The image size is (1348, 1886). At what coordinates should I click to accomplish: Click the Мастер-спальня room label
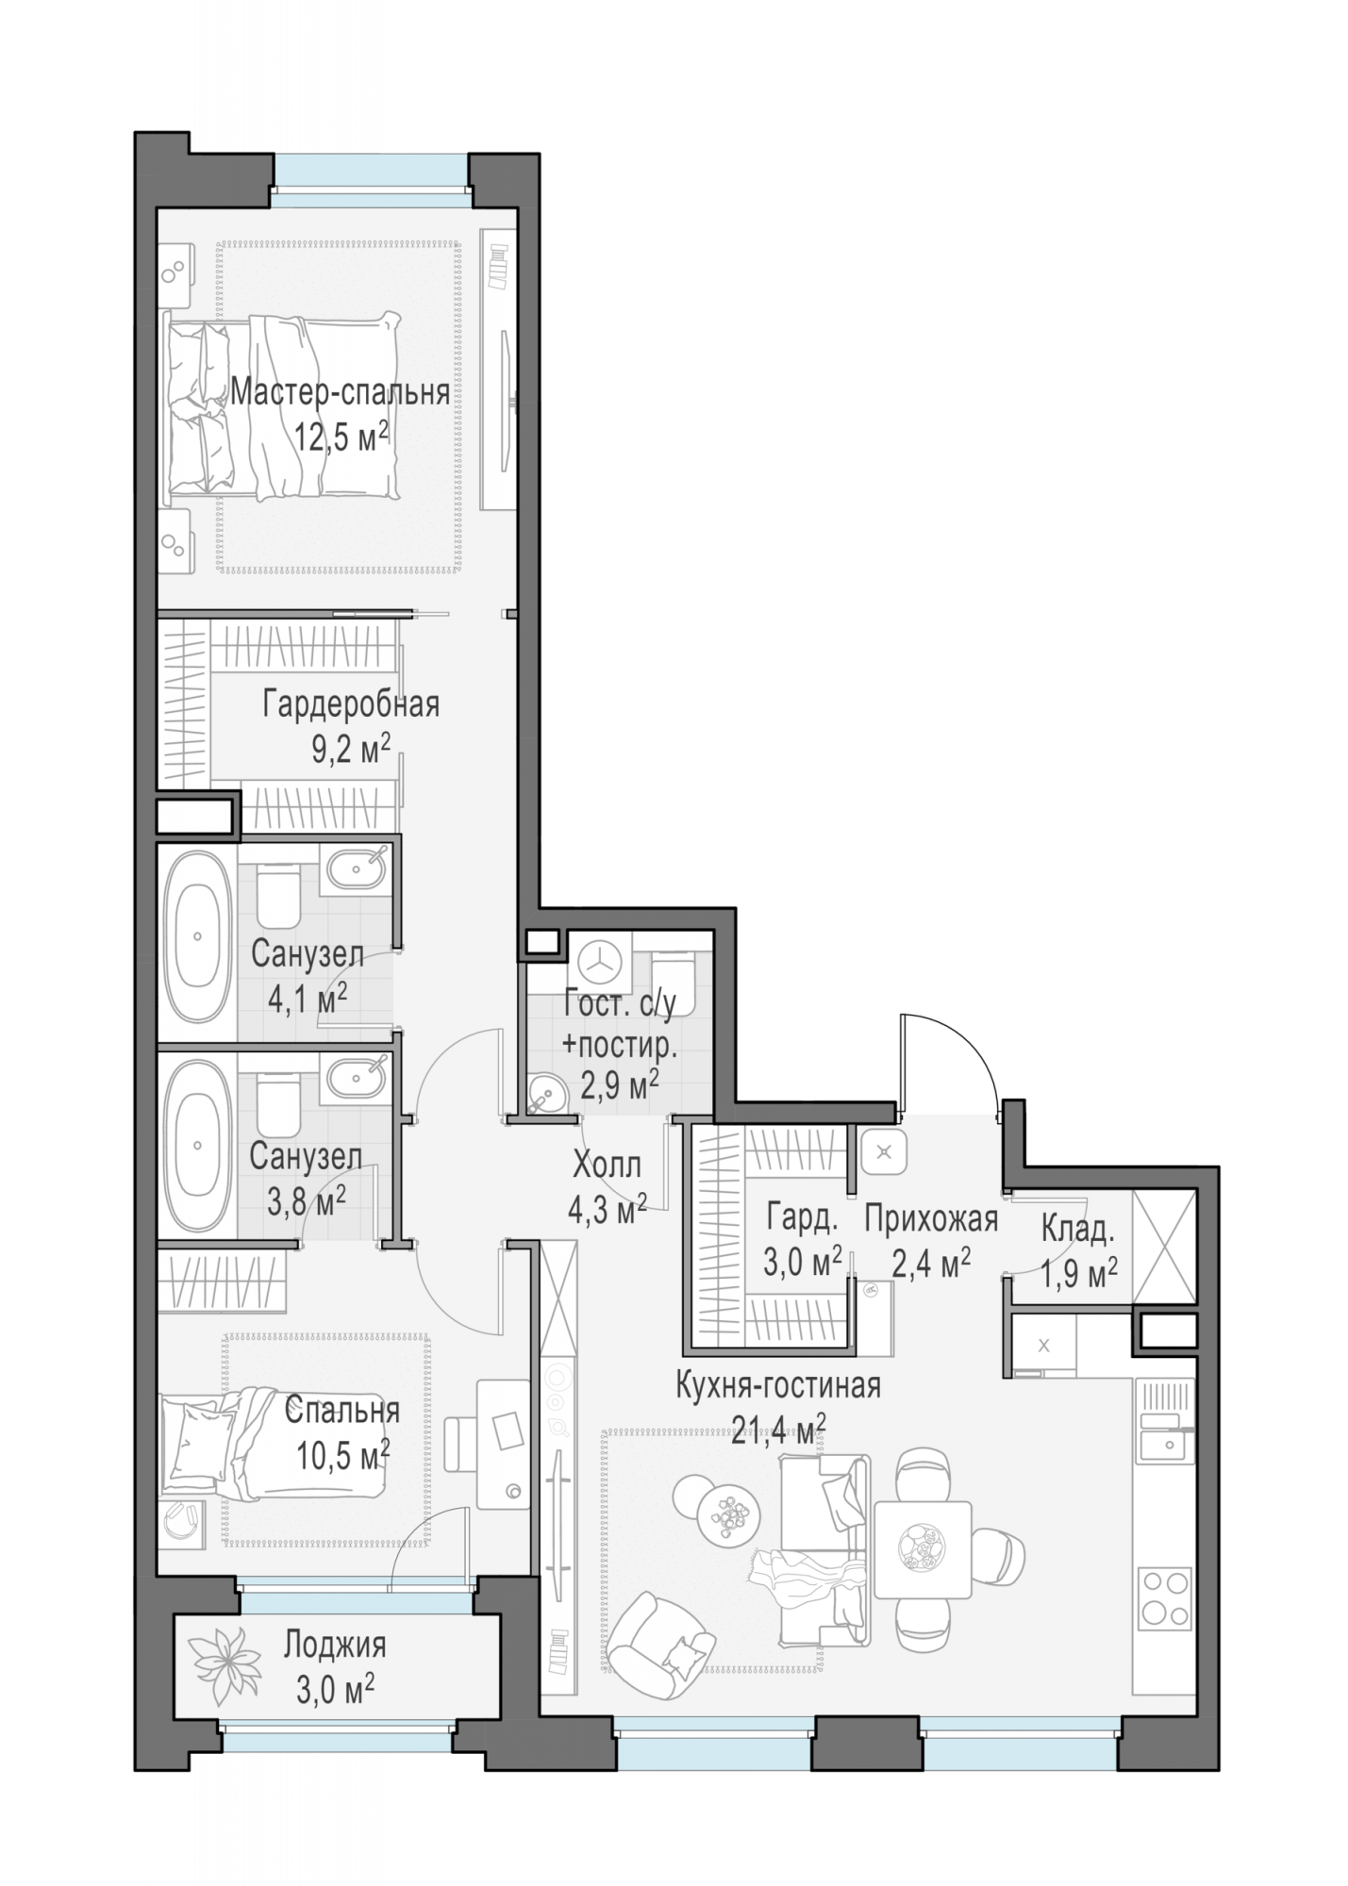(x=340, y=391)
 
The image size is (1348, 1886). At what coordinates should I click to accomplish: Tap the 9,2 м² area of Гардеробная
(x=351, y=750)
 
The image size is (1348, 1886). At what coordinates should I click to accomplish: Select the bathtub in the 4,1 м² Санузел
(x=198, y=935)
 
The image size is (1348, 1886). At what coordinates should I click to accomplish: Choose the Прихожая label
(x=931, y=1219)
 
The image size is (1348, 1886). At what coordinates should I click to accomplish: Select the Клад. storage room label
(x=1078, y=1229)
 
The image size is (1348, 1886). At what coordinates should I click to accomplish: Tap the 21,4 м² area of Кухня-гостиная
(x=778, y=1429)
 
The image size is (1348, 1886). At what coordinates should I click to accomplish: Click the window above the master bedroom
(x=371, y=181)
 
